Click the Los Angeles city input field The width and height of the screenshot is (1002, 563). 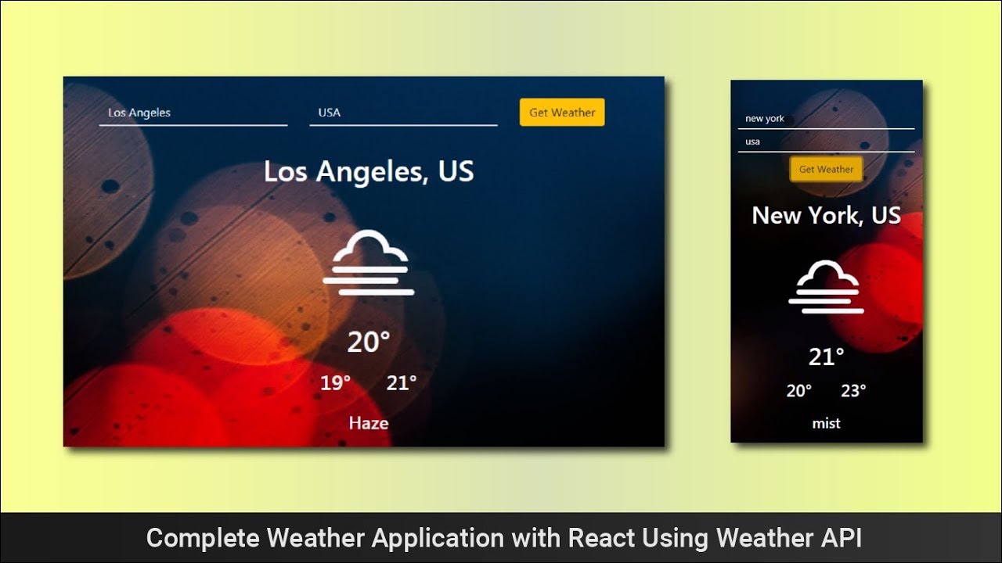coord(193,113)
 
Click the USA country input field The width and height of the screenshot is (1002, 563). coord(403,113)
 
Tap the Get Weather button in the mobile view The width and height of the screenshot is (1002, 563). coord(826,170)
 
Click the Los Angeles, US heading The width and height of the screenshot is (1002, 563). coord(369,171)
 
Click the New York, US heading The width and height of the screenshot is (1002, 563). coord(826,215)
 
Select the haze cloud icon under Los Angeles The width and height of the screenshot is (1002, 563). coord(369,263)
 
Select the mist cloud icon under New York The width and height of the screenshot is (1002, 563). coord(826,287)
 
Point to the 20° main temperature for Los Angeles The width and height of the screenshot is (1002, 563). coord(369,342)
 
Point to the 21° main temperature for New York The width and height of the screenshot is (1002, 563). coord(826,357)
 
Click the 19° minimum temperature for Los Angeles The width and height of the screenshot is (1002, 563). coord(336,383)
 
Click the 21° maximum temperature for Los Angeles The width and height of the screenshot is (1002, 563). coord(402,383)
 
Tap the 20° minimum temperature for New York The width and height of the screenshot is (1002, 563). coord(799,391)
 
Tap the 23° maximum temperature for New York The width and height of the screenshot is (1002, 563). coord(853,391)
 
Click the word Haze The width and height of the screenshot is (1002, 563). coord(369,423)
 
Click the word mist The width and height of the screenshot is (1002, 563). coord(826,423)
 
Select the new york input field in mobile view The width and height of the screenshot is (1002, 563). coord(826,119)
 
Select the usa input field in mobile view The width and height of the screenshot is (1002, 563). coord(826,142)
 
